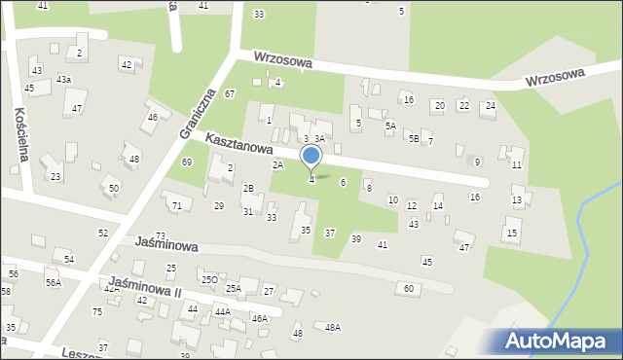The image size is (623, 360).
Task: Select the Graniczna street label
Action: coord(197,111)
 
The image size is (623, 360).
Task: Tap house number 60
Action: coord(409,288)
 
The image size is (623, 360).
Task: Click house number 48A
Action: coord(333,328)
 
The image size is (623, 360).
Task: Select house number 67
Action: coord(230,93)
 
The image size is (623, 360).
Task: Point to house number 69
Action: coord(186,162)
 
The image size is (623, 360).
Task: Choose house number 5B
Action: coord(414,139)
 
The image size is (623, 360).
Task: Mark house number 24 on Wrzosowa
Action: coord(490,105)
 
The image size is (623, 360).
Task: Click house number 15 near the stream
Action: coord(512,233)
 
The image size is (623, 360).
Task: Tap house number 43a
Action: coord(63,79)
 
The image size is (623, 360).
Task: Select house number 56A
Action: coord(53,283)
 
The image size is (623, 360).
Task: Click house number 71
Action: coord(176,206)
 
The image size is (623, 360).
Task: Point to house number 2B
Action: coord(248,188)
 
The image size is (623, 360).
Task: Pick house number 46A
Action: coord(259,318)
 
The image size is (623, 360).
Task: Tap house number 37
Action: coord(330,234)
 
